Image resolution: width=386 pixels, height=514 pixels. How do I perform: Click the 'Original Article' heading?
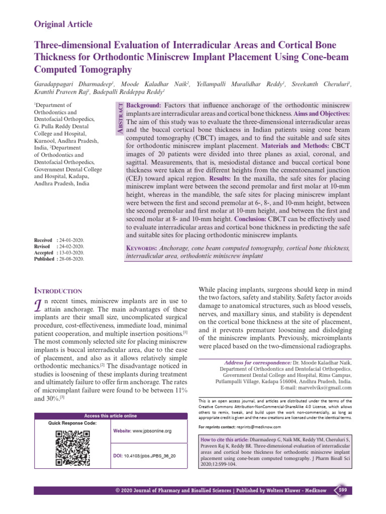(63, 24)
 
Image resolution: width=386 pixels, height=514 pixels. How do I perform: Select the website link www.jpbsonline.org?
(153, 431)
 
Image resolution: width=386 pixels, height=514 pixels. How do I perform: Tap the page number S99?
(342, 490)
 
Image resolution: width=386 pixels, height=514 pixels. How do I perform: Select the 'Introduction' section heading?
(58, 291)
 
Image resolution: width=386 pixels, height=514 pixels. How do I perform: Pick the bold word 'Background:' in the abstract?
(144, 106)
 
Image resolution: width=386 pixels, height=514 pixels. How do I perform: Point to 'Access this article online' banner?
(110, 416)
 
